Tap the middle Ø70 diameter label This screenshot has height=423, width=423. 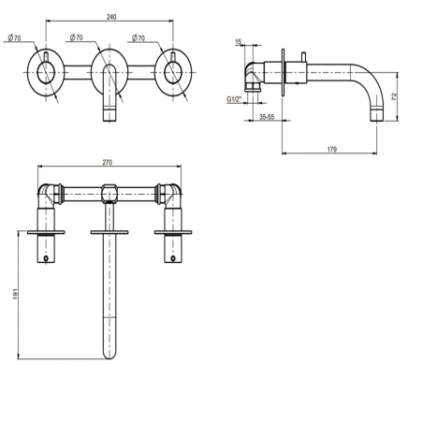click(78, 37)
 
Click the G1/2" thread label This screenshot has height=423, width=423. click(235, 96)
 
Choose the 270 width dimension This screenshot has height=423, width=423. click(107, 162)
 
